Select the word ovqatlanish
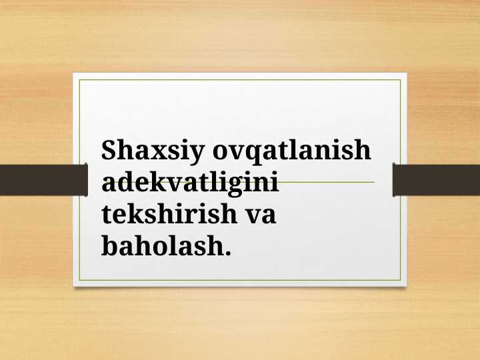click(x=291, y=151)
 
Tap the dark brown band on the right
click(x=437, y=179)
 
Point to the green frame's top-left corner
click(x=80, y=80)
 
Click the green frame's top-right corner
click(x=400, y=80)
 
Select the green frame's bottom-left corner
click(x=80, y=279)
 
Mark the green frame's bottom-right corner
click(x=400, y=279)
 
